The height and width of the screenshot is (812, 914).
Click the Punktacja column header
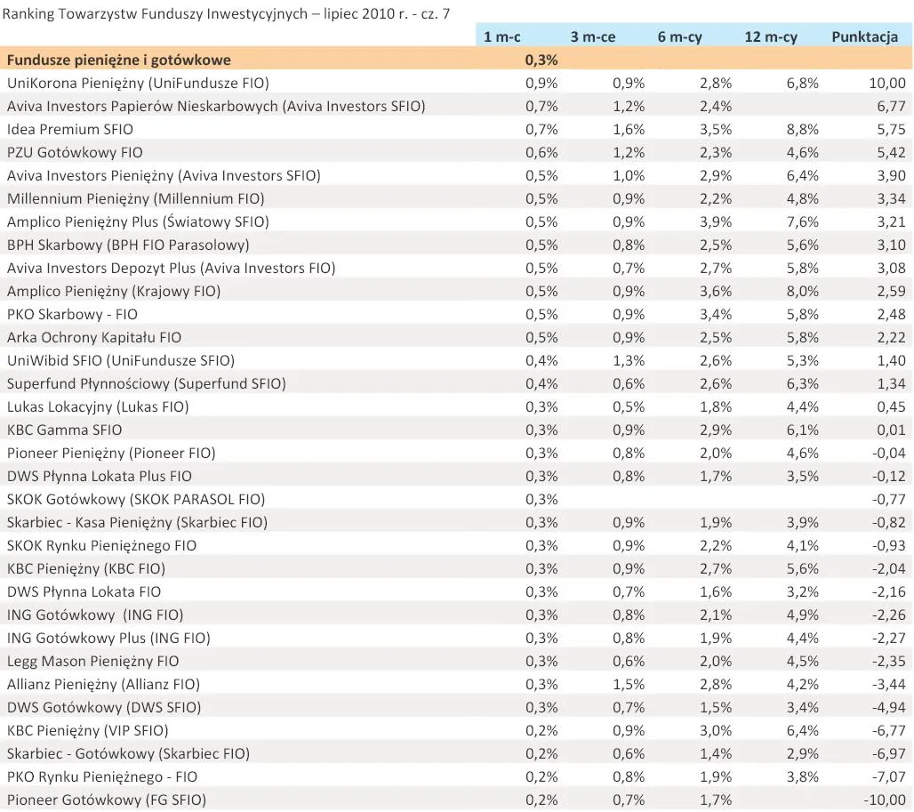(864, 36)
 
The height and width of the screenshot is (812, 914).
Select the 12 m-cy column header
(770, 36)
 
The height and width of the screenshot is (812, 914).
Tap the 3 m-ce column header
(592, 36)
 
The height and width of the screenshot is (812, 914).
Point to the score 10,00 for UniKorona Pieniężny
(886, 83)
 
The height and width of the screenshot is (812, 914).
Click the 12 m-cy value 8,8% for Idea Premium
(800, 129)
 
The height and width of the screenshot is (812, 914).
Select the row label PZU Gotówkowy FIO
(75, 152)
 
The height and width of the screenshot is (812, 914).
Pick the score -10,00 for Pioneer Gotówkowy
(883, 800)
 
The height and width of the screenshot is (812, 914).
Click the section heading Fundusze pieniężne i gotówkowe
(118, 60)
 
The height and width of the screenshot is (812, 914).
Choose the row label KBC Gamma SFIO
(65, 430)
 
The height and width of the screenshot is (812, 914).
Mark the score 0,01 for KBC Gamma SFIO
(889, 430)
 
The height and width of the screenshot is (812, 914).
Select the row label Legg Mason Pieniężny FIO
(93, 661)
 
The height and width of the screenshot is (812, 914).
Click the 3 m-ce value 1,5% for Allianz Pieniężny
(628, 684)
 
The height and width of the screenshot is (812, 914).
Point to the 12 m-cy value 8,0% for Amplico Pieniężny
(800, 291)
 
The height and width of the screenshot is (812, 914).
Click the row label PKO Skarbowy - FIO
(73, 314)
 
